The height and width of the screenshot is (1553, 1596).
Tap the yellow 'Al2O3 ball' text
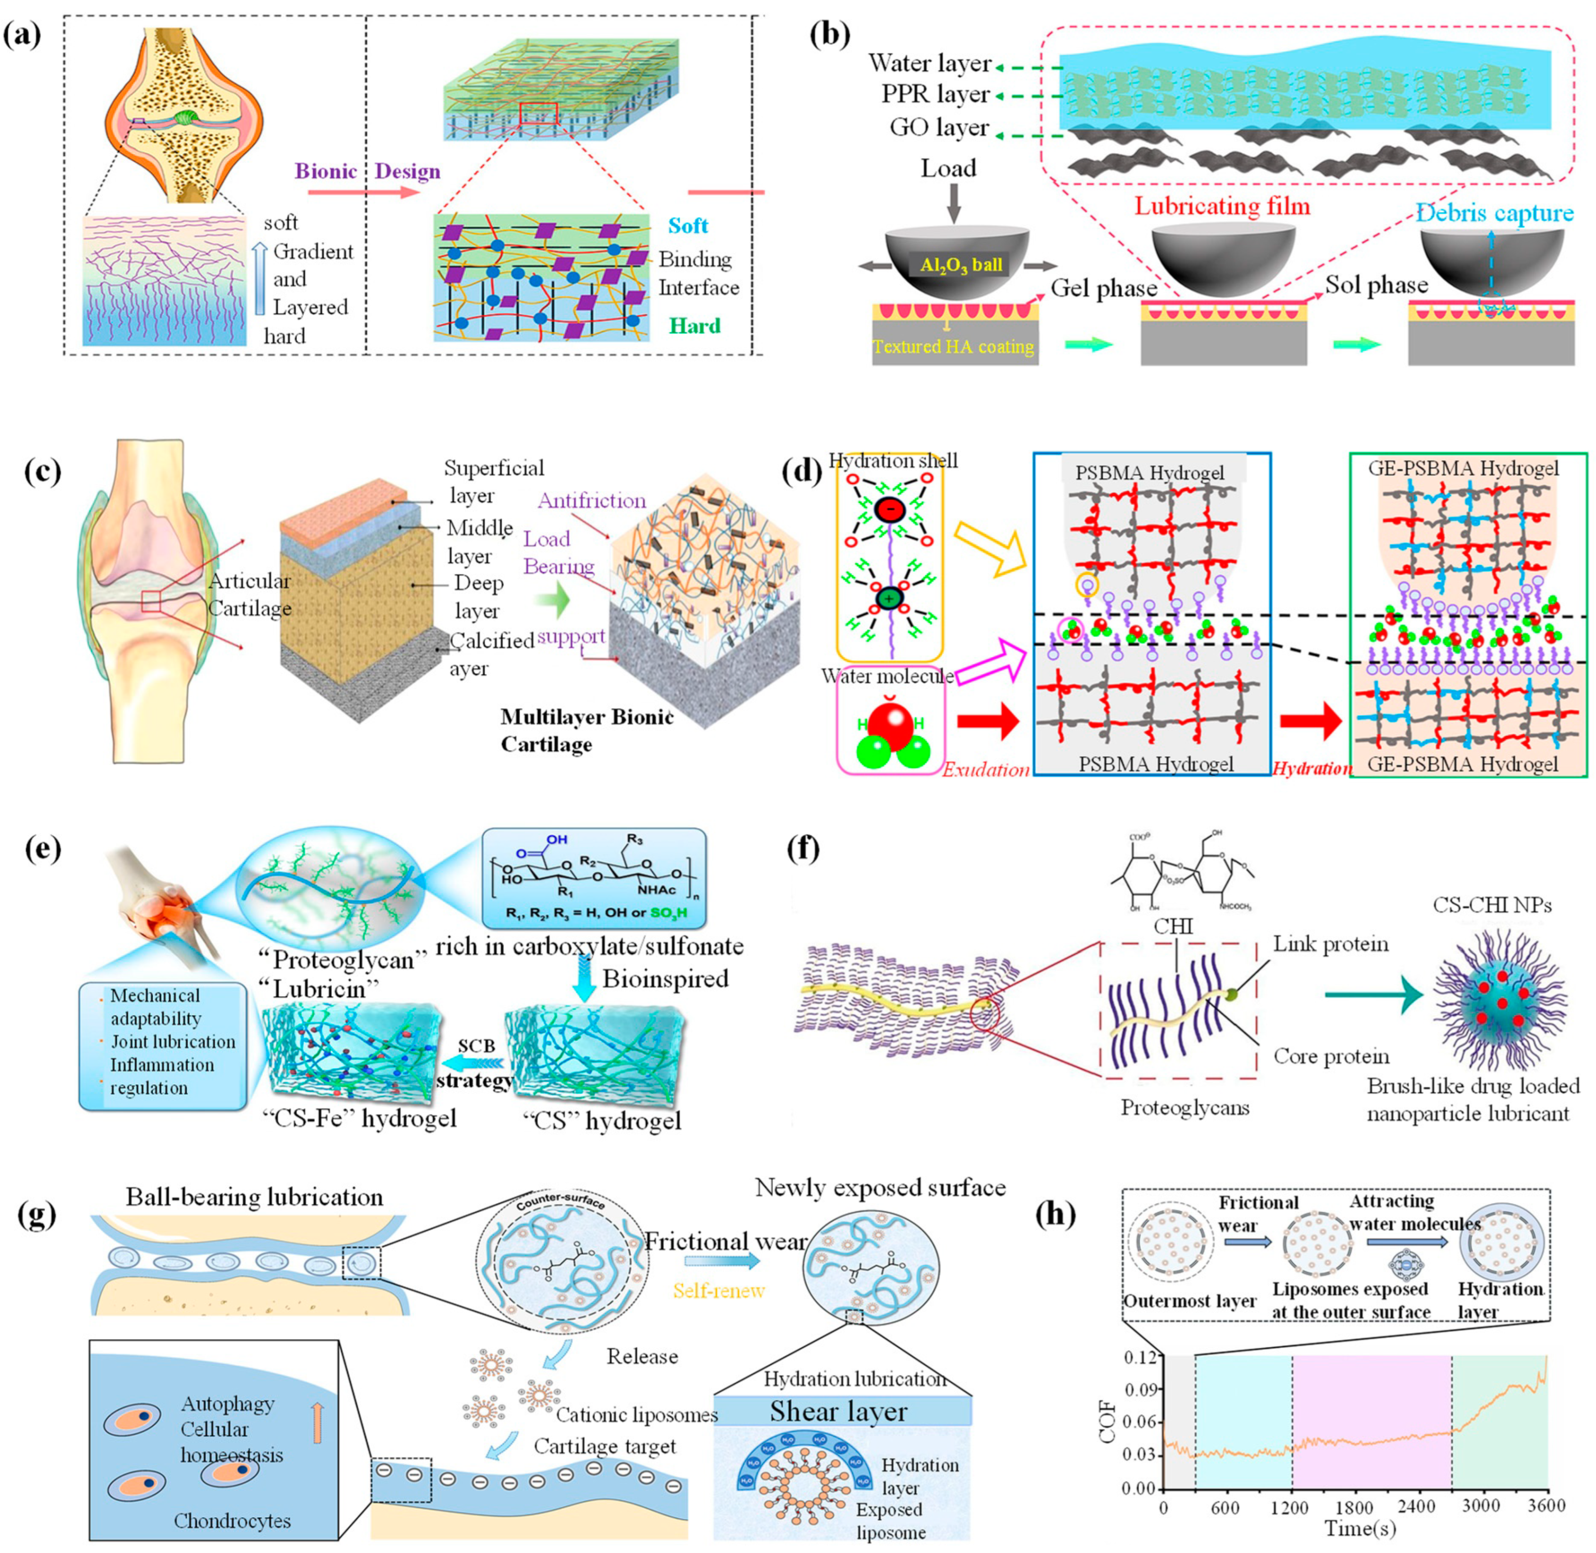pyautogui.click(x=961, y=264)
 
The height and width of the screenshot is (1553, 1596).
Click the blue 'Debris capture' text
pyautogui.click(x=1494, y=214)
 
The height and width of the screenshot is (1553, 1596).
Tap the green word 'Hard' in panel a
pyautogui.click(x=695, y=326)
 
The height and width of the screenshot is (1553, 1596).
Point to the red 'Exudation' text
pyautogui.click(x=985, y=769)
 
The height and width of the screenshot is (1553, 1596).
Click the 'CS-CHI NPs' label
pyautogui.click(x=1492, y=905)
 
